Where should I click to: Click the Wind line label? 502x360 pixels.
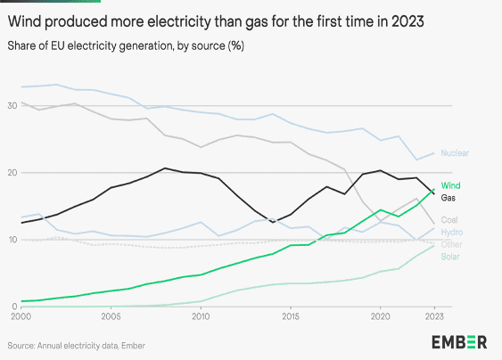(x=451, y=185)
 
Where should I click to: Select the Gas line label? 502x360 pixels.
(x=450, y=196)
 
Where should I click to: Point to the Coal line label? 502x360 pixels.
(x=451, y=219)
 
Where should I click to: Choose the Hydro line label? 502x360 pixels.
(x=453, y=231)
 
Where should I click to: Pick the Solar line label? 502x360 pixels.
(x=452, y=256)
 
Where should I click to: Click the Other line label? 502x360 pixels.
(x=452, y=243)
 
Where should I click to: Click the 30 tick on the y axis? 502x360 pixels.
(x=10, y=104)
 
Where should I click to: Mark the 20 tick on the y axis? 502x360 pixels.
(x=10, y=172)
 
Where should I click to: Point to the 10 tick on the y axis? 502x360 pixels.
(x=10, y=240)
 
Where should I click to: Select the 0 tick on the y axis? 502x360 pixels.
(x=12, y=306)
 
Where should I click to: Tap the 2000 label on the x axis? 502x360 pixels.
(x=20, y=316)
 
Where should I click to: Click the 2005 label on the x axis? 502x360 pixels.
(x=111, y=316)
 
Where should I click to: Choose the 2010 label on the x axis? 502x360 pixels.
(x=201, y=316)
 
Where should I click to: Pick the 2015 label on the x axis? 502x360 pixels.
(x=291, y=316)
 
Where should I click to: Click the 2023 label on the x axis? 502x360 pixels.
(x=434, y=316)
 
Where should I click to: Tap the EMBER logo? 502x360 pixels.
(x=459, y=342)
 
